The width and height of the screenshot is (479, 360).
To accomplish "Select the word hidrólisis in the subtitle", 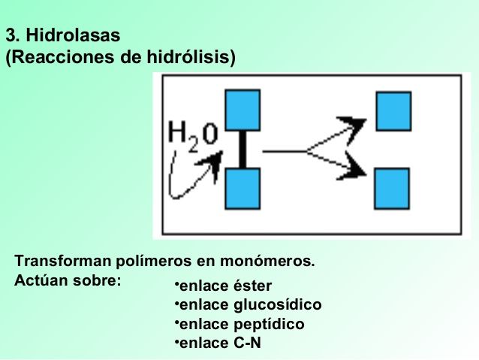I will [195, 58].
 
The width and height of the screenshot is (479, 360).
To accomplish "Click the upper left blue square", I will [242, 110].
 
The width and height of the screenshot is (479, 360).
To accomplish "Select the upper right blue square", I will [393, 110].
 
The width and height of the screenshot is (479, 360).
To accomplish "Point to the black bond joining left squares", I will [242, 149].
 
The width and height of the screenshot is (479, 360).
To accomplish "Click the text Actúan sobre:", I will [68, 281].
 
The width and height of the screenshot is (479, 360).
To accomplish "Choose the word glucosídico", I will [277, 305].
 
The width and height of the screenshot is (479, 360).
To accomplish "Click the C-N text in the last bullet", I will [247, 343].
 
